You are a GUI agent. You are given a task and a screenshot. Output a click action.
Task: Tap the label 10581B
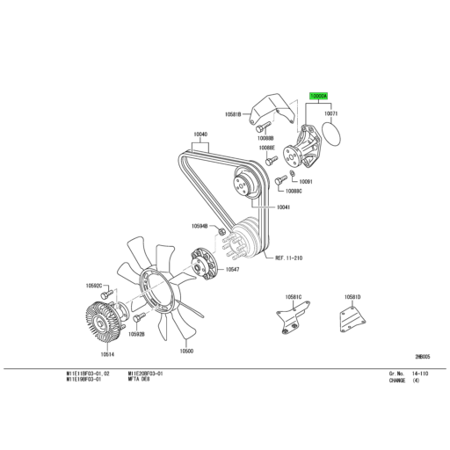(x=232, y=114)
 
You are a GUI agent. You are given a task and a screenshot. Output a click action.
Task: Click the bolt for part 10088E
(x=273, y=160)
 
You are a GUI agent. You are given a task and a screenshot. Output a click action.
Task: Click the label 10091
(x=306, y=182)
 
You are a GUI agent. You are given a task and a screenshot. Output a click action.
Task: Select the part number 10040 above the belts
(x=200, y=134)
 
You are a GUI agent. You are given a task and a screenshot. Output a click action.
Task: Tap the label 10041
(x=283, y=207)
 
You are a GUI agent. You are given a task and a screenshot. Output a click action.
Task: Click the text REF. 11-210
(x=288, y=258)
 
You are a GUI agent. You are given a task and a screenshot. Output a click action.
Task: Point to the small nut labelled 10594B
(x=224, y=231)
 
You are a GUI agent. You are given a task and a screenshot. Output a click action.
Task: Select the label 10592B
(x=136, y=334)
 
